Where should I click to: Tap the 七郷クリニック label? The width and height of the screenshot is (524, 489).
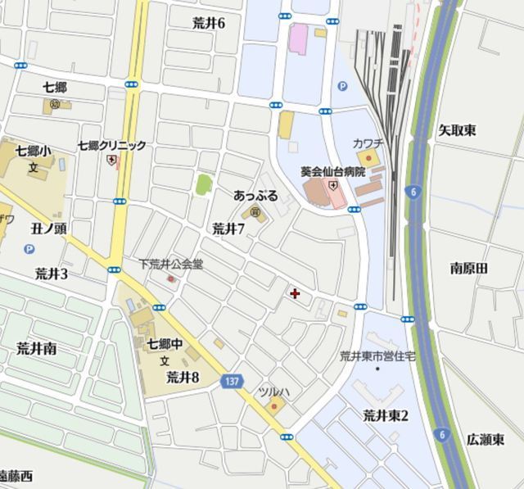(112, 145)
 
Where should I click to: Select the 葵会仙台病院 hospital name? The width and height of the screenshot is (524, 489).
(333, 172)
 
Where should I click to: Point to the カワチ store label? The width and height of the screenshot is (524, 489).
(368, 143)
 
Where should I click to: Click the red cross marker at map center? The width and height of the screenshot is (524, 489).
(295, 292)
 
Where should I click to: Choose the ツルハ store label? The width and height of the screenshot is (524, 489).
(273, 392)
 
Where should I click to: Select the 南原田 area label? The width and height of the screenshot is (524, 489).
(469, 268)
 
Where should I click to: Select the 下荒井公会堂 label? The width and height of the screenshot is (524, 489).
(170, 265)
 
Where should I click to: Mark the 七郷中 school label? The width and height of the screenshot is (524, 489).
(164, 343)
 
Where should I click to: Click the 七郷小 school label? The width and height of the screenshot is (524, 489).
(34, 151)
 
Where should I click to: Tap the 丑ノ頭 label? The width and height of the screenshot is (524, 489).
(49, 229)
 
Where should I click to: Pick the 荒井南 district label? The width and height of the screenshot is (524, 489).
(37, 348)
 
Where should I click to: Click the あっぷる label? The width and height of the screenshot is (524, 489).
(255, 196)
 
